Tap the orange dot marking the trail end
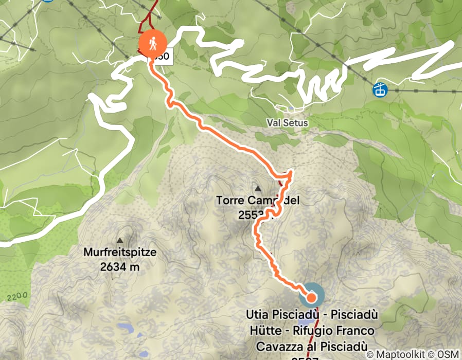[x=311, y=297]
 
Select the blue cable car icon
[x=380, y=89]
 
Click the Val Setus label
[x=287, y=123]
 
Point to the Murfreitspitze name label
[x=120, y=253]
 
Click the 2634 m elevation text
[x=120, y=267]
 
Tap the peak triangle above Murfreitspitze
[x=120, y=240]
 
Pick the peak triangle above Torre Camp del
[x=257, y=187]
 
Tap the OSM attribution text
[x=448, y=354]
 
